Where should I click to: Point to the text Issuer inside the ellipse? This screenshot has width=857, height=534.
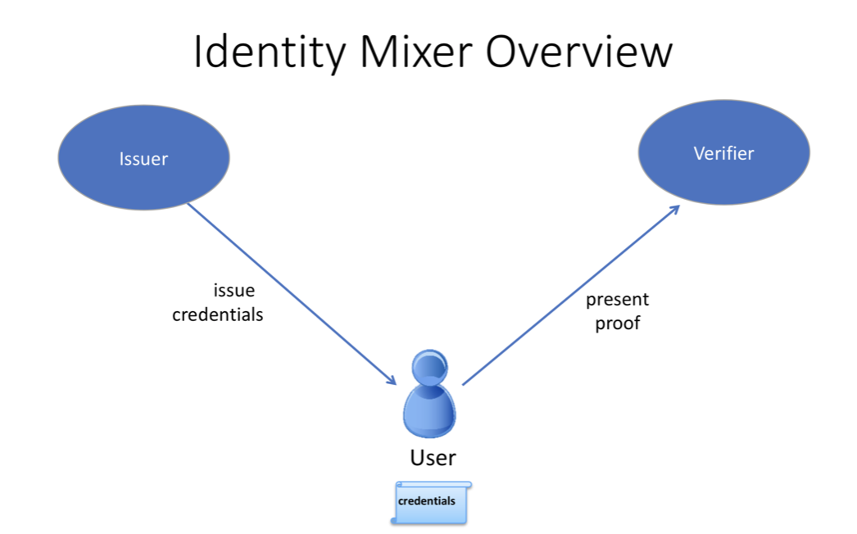click(x=143, y=159)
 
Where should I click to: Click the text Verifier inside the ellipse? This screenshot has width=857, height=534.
click(x=723, y=153)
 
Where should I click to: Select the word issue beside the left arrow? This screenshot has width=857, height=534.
click(x=234, y=291)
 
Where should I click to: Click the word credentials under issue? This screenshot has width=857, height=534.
click(x=218, y=315)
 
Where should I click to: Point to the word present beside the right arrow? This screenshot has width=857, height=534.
click(x=617, y=300)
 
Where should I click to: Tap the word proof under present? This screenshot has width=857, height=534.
click(x=617, y=324)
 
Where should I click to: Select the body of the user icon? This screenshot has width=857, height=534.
click(x=428, y=414)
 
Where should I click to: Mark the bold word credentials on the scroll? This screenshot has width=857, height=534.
click(x=426, y=500)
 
